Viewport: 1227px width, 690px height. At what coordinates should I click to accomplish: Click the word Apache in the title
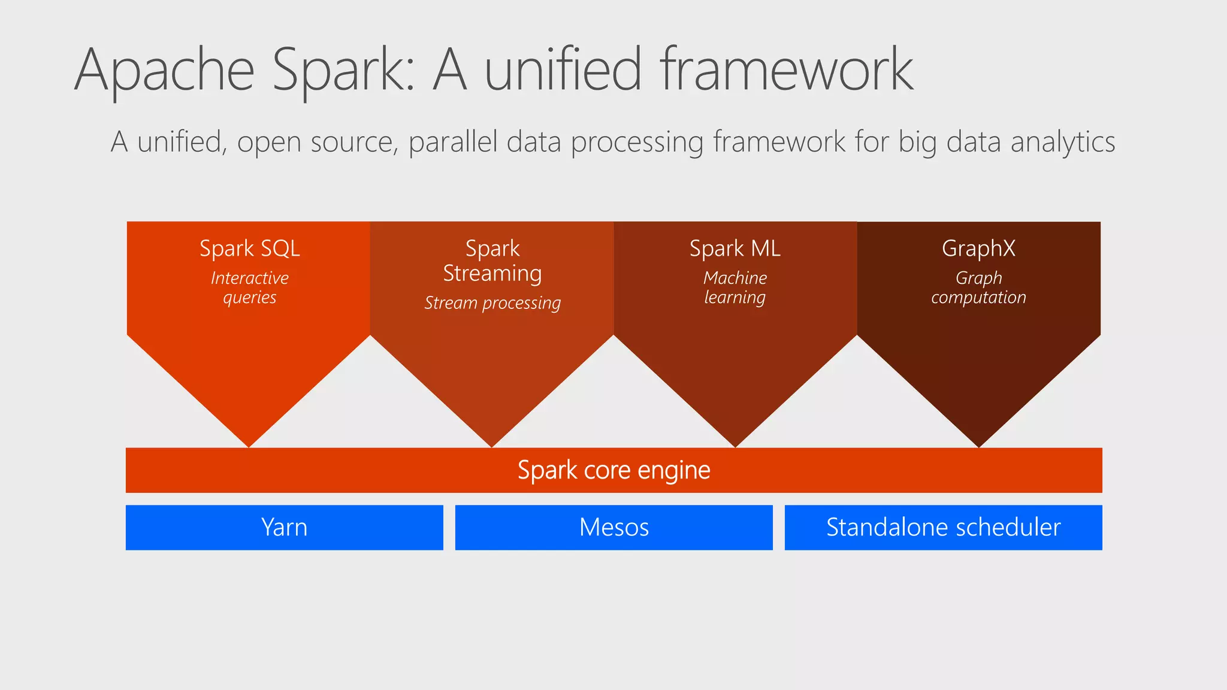tap(165, 71)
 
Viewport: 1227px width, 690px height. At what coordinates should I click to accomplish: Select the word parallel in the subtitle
tap(453, 143)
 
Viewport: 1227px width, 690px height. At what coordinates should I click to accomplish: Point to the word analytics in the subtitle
tap(1062, 143)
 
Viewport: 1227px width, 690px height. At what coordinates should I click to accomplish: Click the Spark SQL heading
tap(249, 249)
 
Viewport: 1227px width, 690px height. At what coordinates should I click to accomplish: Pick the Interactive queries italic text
tap(249, 287)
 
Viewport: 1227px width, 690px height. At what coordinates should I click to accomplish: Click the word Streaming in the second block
tap(492, 274)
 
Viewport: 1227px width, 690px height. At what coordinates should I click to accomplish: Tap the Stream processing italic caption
tap(492, 303)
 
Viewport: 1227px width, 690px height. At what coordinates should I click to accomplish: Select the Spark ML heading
tap(735, 249)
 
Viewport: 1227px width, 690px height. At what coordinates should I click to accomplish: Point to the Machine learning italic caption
tap(735, 287)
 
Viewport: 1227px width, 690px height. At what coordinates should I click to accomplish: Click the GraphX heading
tap(978, 249)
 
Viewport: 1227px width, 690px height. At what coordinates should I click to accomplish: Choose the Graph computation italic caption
tap(978, 287)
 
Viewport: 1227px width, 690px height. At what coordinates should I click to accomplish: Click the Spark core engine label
tap(613, 470)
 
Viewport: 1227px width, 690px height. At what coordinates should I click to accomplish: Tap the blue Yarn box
tap(284, 527)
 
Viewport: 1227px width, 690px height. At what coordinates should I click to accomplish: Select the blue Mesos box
tap(613, 527)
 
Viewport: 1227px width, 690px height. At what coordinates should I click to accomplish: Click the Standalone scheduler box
tap(943, 527)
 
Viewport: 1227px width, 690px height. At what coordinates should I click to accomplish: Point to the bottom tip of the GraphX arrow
tap(978, 443)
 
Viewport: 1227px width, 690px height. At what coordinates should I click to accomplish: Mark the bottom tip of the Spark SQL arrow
tap(249, 443)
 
